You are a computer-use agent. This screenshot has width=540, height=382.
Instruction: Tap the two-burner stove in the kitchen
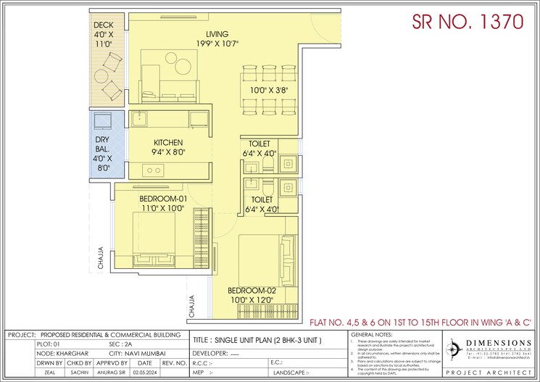coord(153,170)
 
